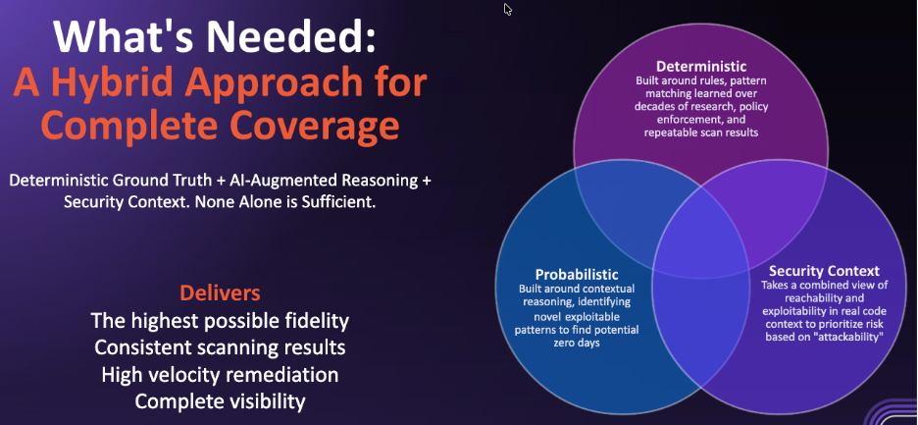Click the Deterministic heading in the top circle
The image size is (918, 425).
click(x=701, y=65)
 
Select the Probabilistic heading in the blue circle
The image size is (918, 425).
click(x=577, y=275)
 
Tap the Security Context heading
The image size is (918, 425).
click(x=824, y=271)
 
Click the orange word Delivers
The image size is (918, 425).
click(x=220, y=292)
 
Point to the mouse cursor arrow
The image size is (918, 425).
click(x=508, y=10)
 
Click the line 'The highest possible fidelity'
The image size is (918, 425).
click(x=220, y=321)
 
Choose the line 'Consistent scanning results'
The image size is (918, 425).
click(x=220, y=347)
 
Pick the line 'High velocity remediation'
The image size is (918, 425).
click(x=220, y=375)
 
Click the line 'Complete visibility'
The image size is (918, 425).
click(x=220, y=401)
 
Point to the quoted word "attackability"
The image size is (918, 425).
click(x=847, y=338)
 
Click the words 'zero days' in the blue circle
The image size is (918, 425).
click(x=577, y=343)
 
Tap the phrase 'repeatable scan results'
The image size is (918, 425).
click(x=701, y=133)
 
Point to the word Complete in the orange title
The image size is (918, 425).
click(x=120, y=126)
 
